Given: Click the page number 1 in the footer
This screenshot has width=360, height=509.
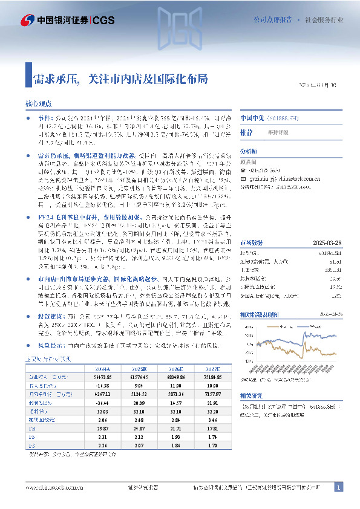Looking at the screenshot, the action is (x=339, y=487).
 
